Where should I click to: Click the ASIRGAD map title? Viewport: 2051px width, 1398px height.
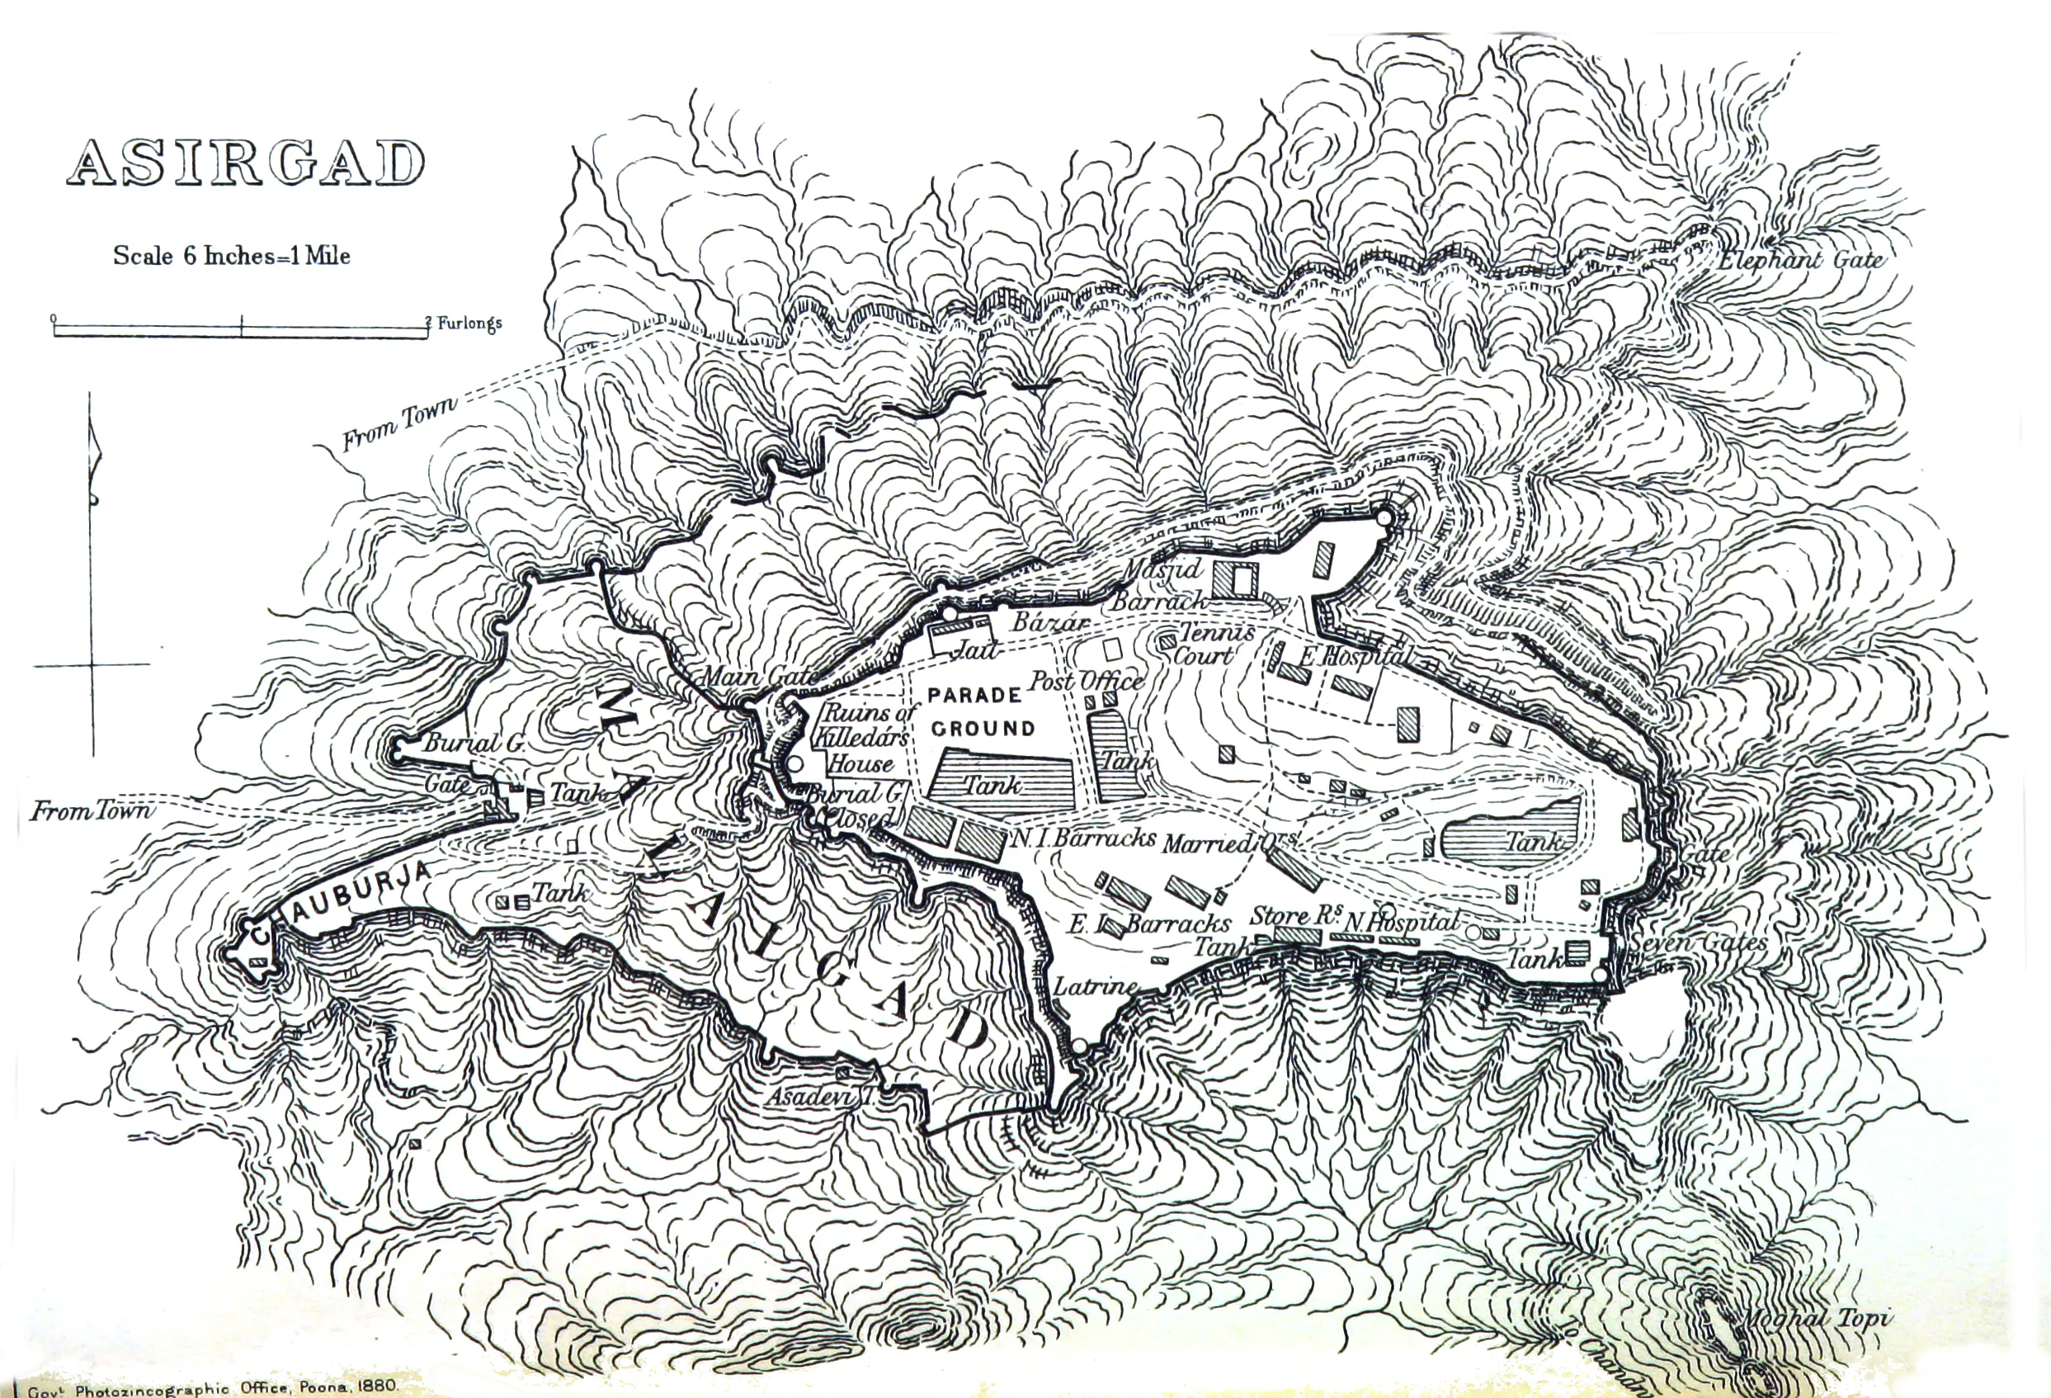[x=245, y=164]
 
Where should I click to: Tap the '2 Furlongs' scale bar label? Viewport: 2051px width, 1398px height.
[x=464, y=323]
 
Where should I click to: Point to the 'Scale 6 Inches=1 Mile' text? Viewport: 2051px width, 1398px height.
[x=231, y=256]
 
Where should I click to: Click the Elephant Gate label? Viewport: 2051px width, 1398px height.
[x=1800, y=259]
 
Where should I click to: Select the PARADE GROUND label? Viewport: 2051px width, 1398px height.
[x=979, y=711]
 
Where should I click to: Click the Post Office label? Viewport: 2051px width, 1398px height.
[x=1086, y=681]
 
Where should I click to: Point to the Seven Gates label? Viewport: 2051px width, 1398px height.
[x=1697, y=942]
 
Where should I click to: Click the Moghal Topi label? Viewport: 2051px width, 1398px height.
[x=1816, y=1319]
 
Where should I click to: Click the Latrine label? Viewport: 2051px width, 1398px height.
[x=1096, y=986]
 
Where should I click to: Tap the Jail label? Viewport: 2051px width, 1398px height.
[x=975, y=650]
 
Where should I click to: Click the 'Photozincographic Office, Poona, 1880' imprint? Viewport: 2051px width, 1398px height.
[x=212, y=1387]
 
